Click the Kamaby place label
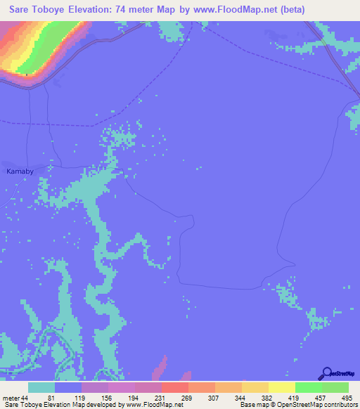(x=20, y=171)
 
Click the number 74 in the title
(x=143, y=10)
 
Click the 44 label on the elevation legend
(x=25, y=398)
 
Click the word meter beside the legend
(x=11, y=398)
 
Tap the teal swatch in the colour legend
(x=41, y=387)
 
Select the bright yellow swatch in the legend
(x=281, y=387)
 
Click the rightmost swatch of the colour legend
(x=335, y=387)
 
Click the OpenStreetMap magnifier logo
(x=326, y=373)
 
